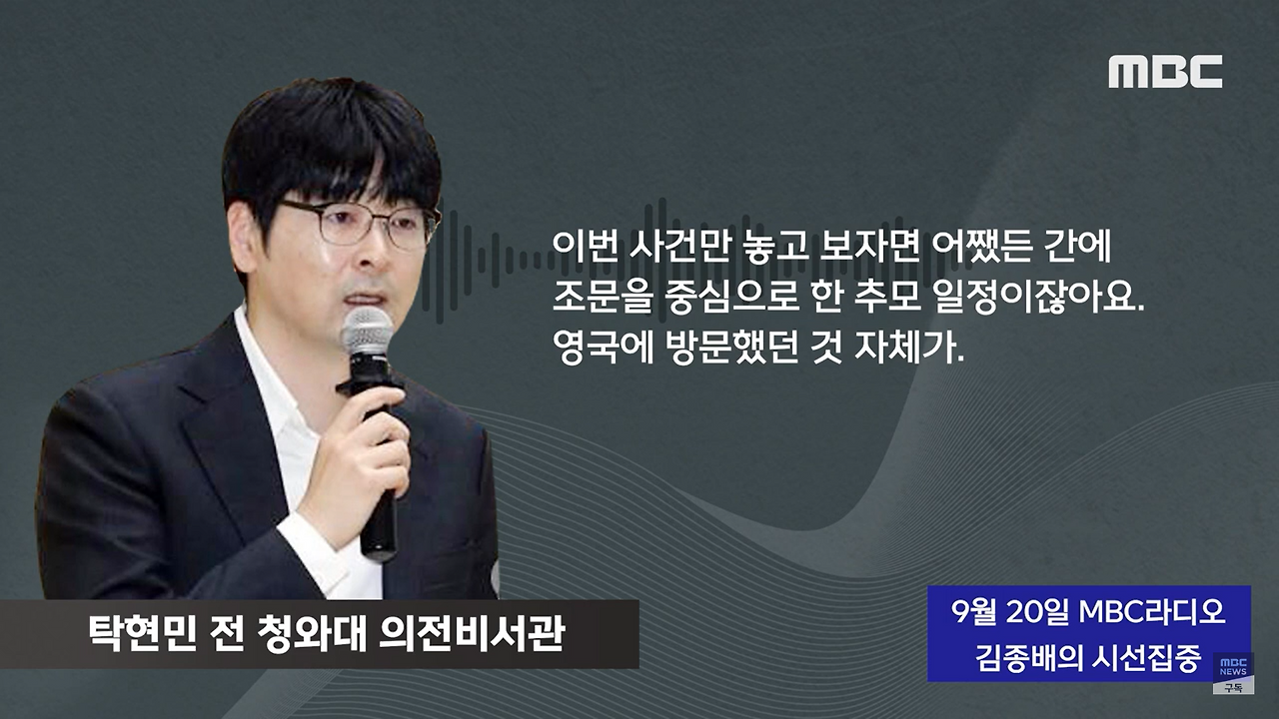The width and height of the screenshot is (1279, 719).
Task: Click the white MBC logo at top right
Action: (x=1165, y=72)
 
